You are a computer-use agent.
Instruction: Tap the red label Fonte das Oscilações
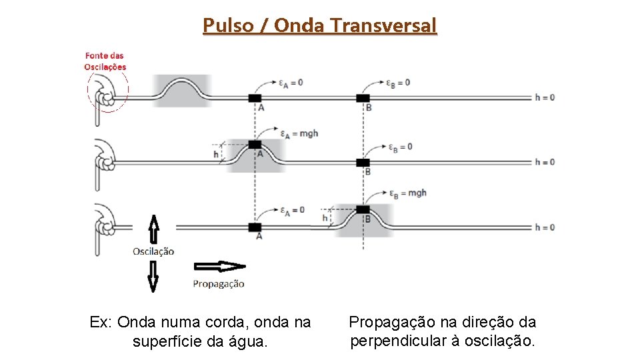click(105, 61)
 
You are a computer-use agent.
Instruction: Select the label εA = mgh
click(299, 133)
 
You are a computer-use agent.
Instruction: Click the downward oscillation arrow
click(153, 276)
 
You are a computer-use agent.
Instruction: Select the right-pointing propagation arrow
click(219, 267)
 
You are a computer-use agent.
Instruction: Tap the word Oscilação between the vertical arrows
click(153, 251)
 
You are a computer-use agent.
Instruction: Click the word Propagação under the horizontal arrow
click(219, 284)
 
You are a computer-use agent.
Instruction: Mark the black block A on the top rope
click(255, 98)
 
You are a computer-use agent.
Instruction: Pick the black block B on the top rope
click(363, 98)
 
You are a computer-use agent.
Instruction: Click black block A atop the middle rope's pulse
click(255, 144)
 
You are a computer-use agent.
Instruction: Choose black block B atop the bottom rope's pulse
click(363, 209)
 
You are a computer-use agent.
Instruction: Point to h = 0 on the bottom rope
click(545, 227)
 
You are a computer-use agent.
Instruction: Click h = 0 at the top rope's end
click(545, 97)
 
